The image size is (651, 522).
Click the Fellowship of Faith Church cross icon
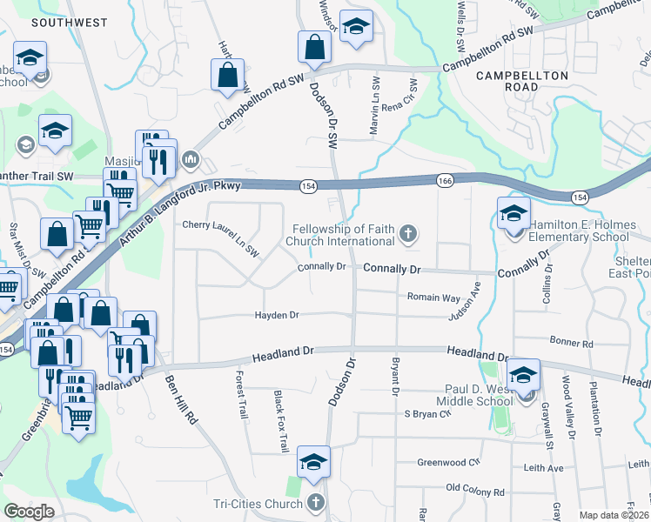point(406,233)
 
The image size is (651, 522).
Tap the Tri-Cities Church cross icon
point(315,503)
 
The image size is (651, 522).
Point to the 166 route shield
point(445,179)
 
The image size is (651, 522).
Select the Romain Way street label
point(433,297)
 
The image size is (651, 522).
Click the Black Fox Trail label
point(280,421)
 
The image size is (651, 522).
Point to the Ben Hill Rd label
point(182,400)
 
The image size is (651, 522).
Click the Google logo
point(29,512)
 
